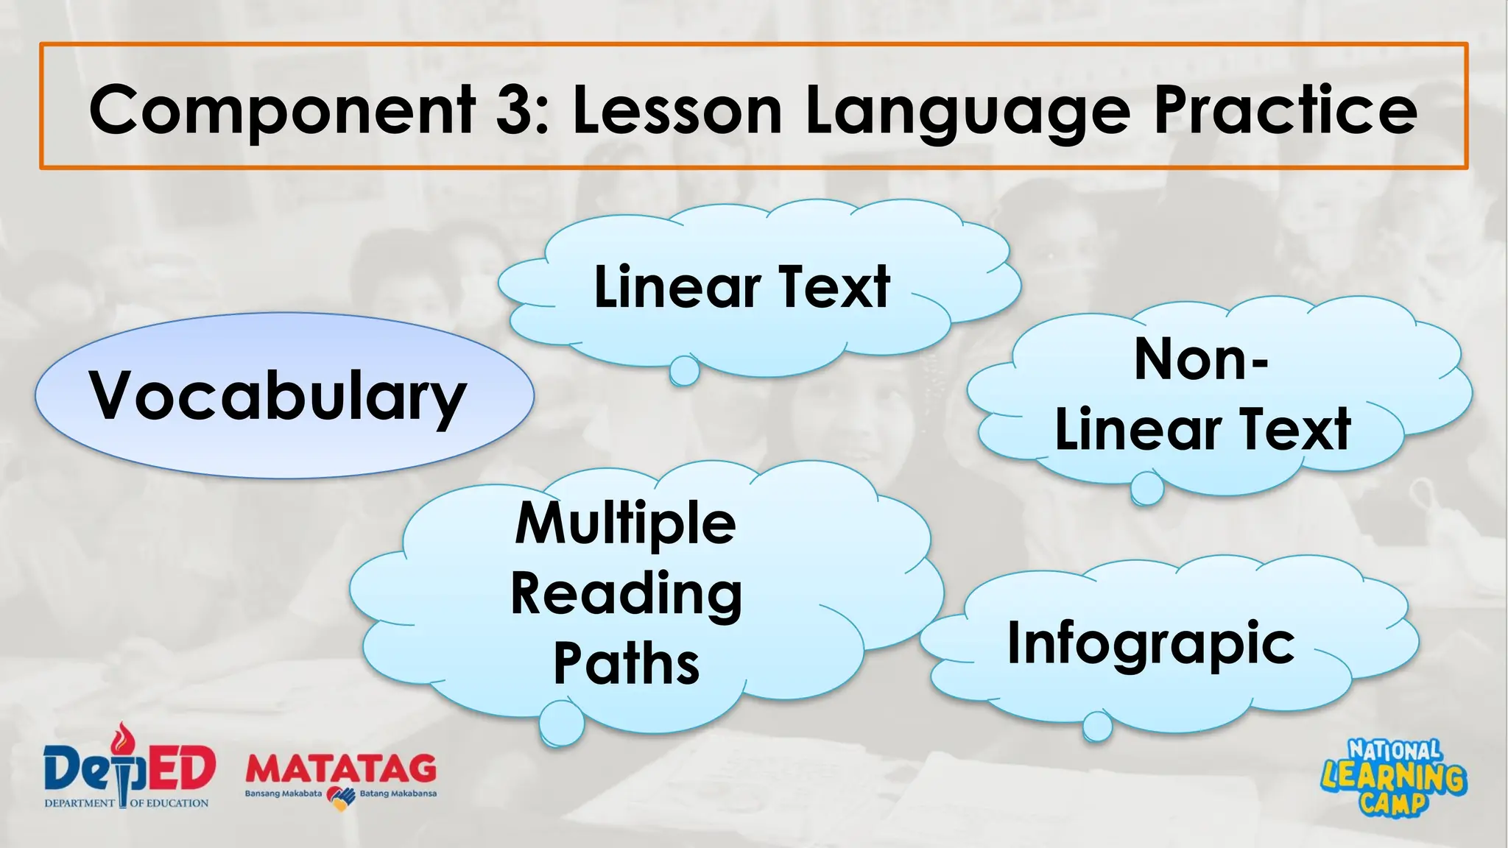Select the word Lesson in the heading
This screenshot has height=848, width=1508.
677,110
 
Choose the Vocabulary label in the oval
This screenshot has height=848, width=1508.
278,396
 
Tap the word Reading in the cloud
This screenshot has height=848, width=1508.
627,594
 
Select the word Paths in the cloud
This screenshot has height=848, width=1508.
627,663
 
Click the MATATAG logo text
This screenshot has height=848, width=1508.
341,768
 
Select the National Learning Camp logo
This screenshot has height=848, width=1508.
1393,777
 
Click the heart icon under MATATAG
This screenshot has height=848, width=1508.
341,796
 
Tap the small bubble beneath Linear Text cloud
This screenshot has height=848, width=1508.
684,370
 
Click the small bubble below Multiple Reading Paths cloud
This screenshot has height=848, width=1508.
562,722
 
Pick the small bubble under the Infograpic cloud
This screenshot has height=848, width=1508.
1097,727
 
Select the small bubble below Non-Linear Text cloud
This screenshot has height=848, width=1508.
1147,488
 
